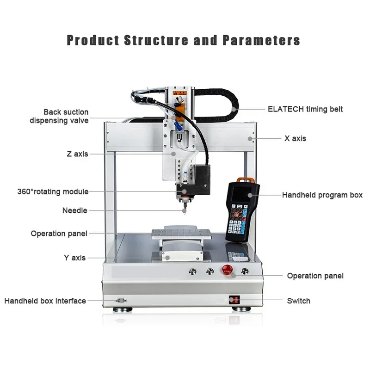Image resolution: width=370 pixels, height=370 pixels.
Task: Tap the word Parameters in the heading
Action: point(261,40)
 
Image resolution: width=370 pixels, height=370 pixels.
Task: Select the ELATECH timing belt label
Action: point(305,109)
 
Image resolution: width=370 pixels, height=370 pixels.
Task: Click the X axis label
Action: point(295,138)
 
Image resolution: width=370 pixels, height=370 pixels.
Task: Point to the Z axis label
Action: point(77,154)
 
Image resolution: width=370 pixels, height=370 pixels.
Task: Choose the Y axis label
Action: point(74,258)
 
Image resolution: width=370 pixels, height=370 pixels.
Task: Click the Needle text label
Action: point(74,210)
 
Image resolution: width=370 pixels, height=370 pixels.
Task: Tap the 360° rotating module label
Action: point(53,191)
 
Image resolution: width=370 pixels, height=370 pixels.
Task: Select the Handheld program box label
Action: point(322,195)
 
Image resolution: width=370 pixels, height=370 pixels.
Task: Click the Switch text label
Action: point(298,301)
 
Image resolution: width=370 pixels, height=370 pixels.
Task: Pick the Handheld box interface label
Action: point(45,301)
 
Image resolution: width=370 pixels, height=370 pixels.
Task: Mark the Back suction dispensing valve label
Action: point(59,116)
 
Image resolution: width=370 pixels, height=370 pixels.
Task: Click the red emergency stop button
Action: point(227,270)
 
